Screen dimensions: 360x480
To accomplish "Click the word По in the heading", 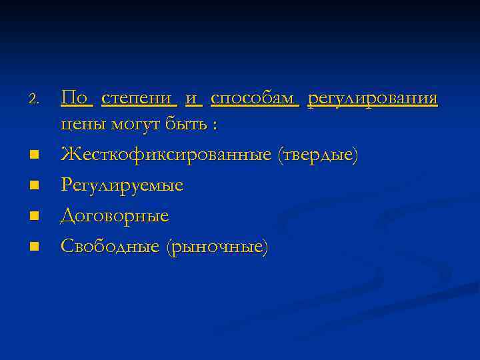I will coord(75,99).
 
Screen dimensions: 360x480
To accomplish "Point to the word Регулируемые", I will coord(122,185).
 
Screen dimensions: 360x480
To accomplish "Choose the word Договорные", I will coord(115,216).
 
